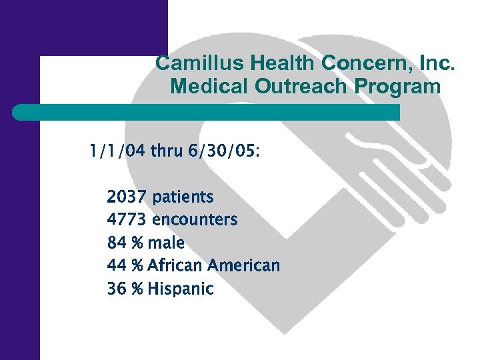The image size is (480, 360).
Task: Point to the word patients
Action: tap(183, 198)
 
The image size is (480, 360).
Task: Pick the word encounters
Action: tap(195, 219)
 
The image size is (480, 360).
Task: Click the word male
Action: tap(167, 243)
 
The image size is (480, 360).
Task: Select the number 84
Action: tap(117, 243)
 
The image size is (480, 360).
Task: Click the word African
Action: tap(175, 265)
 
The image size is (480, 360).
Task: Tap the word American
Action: tap(243, 265)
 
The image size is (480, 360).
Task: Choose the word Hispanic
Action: tap(181, 289)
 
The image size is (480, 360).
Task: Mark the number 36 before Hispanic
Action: tap(117, 289)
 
